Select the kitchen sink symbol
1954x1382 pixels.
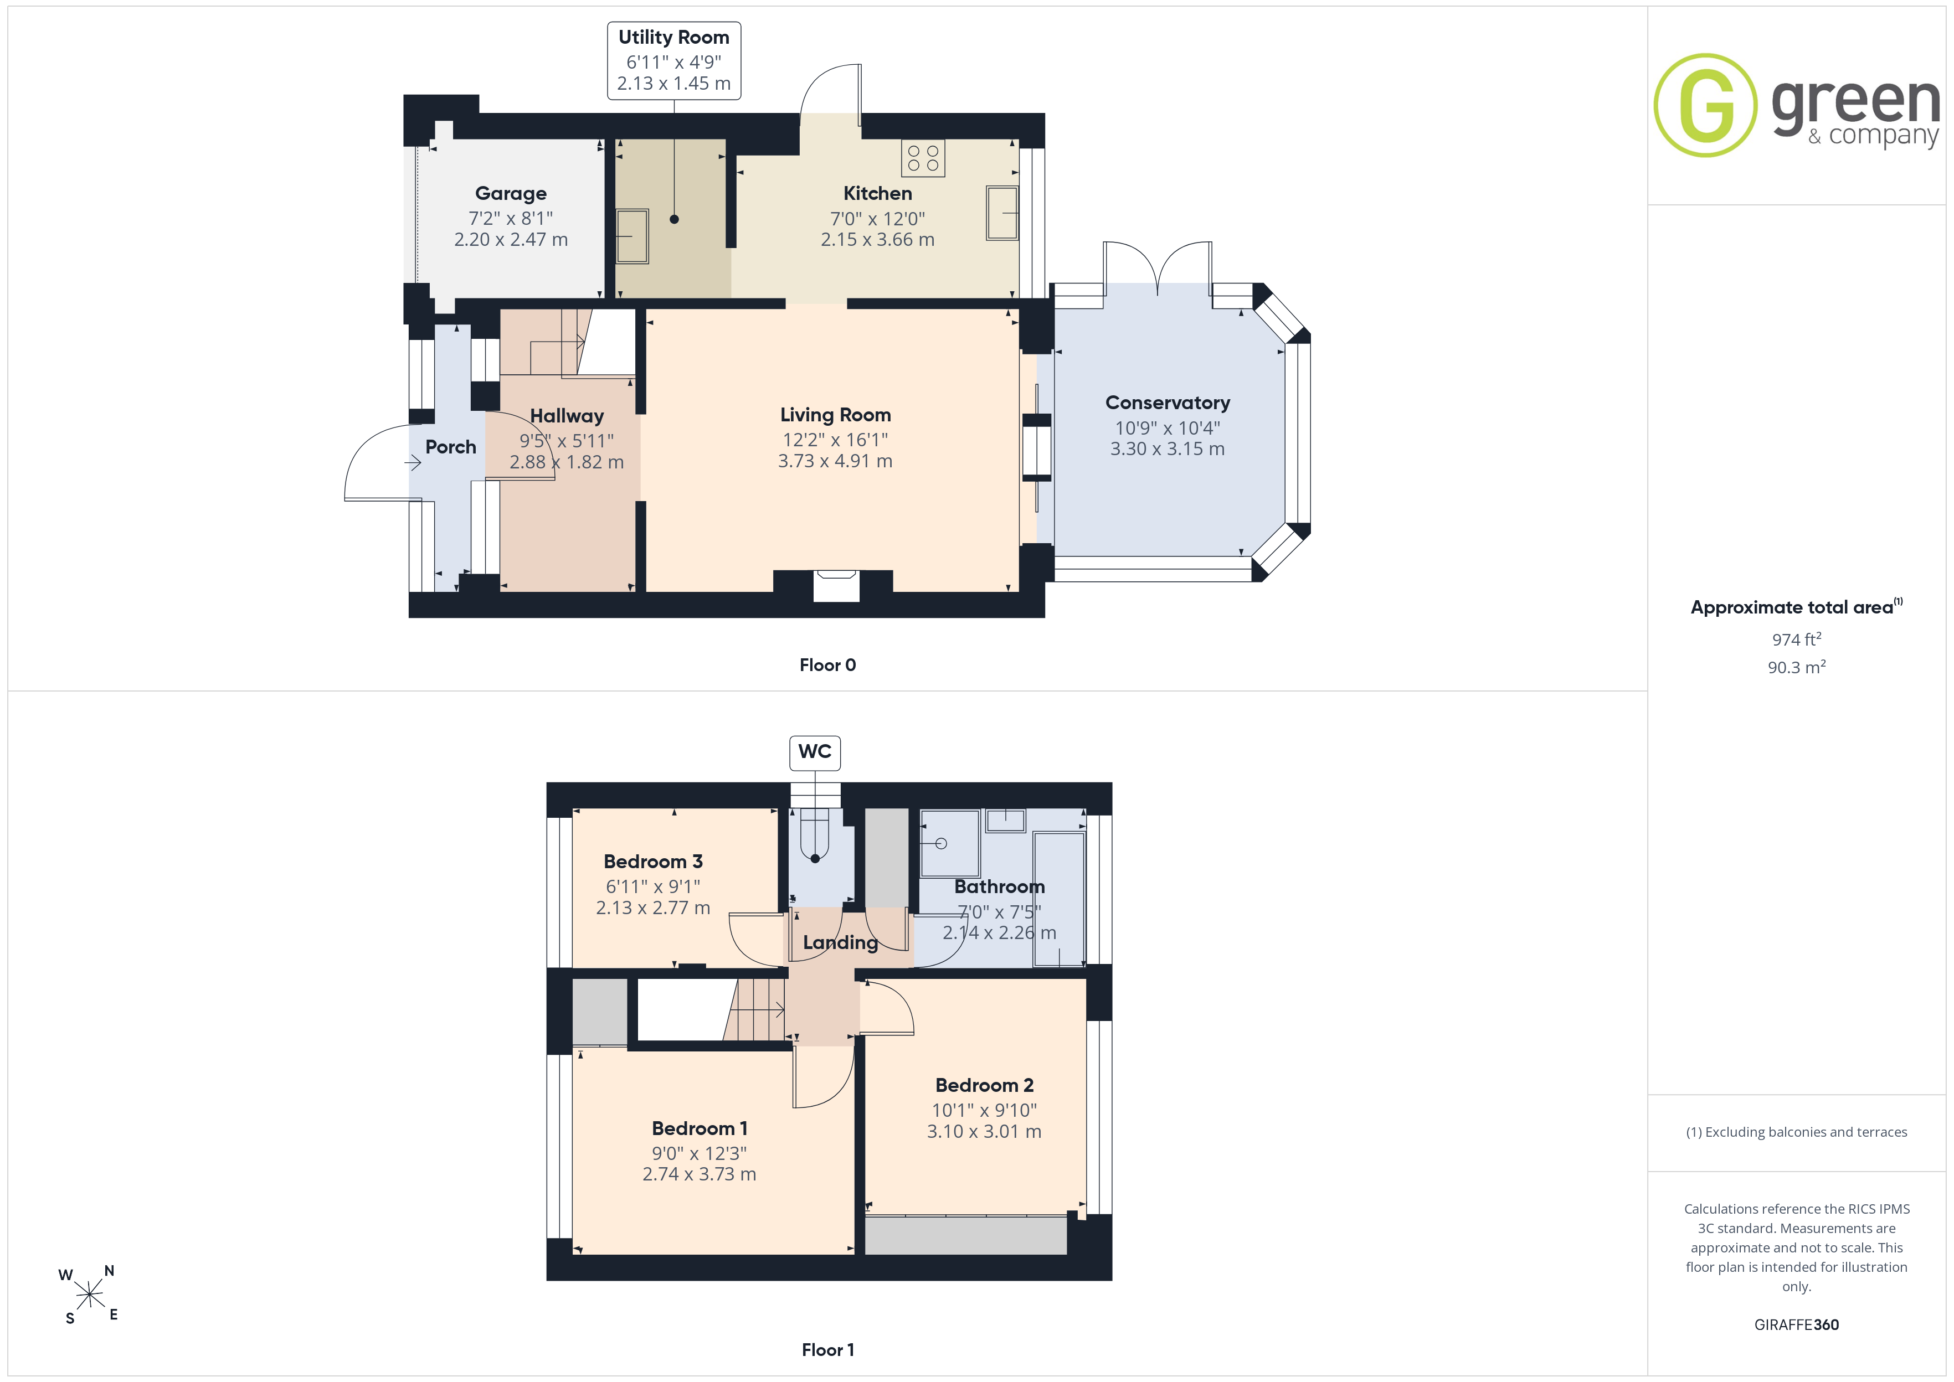(x=1002, y=212)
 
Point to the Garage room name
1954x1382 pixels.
(x=511, y=193)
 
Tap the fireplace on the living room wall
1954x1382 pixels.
(x=836, y=586)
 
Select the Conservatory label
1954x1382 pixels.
(x=1168, y=403)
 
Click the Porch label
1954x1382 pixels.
(x=450, y=447)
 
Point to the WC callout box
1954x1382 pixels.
(x=815, y=752)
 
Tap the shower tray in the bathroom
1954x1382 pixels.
(x=949, y=843)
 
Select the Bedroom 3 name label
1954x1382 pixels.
(x=653, y=861)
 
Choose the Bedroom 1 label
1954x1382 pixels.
(x=700, y=1128)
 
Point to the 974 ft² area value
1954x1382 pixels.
(x=1797, y=639)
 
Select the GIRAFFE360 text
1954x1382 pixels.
(x=1797, y=1325)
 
